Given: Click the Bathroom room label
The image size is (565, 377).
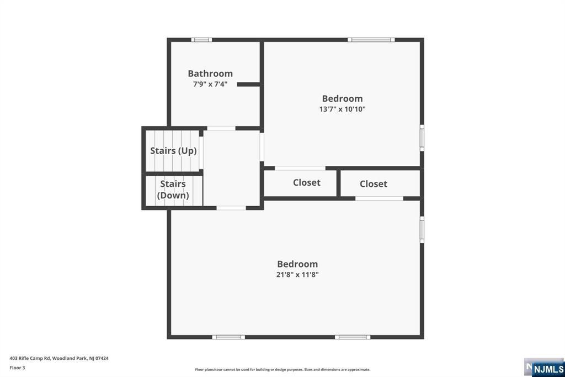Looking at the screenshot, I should click(x=210, y=74).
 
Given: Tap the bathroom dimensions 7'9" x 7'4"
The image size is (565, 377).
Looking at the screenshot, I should click(x=210, y=85).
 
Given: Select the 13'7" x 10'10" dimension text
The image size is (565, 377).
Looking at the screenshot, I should click(x=342, y=109).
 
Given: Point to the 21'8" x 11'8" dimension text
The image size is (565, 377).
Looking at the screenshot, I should click(x=297, y=275).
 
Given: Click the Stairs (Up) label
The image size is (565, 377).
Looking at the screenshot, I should click(x=173, y=150).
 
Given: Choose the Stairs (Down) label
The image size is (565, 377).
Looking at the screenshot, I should click(x=173, y=190).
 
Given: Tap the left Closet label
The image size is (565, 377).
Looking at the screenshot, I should click(x=306, y=182).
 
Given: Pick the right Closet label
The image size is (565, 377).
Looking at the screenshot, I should click(x=374, y=184).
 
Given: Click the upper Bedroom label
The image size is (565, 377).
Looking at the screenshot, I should click(x=342, y=99).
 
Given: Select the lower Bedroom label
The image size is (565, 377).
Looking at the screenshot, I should click(x=297, y=264).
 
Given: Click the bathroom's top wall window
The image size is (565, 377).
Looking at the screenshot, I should click(x=201, y=40).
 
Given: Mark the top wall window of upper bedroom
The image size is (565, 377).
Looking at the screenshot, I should click(x=371, y=40).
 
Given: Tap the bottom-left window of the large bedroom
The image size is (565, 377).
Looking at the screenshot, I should click(x=228, y=337).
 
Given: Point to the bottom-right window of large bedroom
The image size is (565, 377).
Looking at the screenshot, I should click(x=353, y=337).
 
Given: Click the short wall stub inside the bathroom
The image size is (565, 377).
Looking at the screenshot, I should click(x=248, y=85).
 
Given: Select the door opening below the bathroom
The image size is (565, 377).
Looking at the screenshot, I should click(x=221, y=128).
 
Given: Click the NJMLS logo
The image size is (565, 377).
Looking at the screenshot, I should click(x=548, y=369).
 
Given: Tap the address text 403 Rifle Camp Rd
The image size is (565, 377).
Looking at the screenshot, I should click(x=59, y=358).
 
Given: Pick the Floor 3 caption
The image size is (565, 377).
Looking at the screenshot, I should click(x=17, y=368).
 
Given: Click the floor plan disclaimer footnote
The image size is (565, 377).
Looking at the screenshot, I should click(x=282, y=370).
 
